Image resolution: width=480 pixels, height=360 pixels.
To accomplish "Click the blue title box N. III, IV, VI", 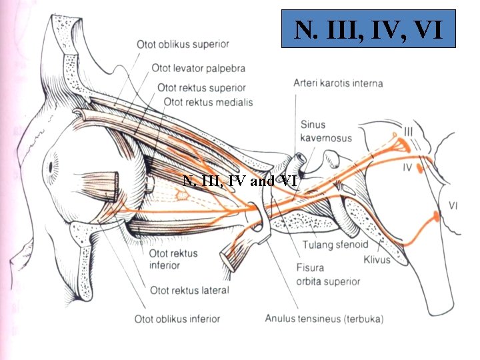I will click(369, 29).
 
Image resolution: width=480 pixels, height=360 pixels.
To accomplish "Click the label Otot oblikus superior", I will click(183, 45).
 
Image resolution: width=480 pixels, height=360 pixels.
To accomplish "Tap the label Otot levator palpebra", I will click(198, 68).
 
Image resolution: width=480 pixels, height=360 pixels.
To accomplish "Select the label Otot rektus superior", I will click(201, 88).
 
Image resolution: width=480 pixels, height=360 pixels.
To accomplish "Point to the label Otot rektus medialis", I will click(208, 102).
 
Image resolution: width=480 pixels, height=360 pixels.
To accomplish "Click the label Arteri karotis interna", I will click(338, 83).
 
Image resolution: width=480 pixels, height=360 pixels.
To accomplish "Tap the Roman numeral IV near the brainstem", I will click(407, 168).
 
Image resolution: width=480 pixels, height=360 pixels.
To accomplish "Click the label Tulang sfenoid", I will click(335, 245).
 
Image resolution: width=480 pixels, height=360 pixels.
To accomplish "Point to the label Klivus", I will click(377, 259).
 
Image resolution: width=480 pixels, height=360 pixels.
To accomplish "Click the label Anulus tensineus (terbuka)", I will click(323, 319).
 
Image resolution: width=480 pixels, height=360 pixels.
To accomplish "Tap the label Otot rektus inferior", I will click(164, 259).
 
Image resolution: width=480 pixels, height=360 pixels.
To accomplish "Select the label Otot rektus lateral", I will click(189, 290).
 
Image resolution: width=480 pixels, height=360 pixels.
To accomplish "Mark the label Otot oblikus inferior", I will click(177, 319).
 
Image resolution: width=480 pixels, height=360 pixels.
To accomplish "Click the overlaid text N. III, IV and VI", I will click(239, 180).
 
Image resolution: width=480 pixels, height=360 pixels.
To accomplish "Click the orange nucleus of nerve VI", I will click(435, 215).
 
